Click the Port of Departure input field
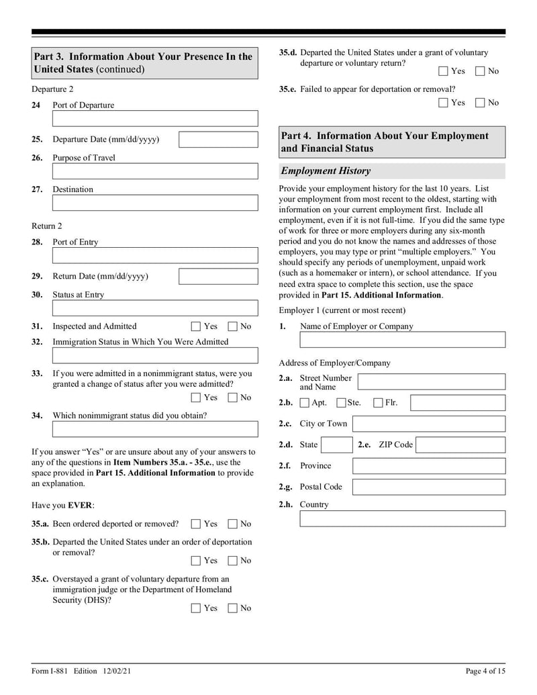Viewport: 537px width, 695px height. [x=154, y=119]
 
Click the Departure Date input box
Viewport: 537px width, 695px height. [x=218, y=140]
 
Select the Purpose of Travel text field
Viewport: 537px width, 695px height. [x=154, y=171]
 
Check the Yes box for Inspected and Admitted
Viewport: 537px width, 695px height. [x=196, y=327]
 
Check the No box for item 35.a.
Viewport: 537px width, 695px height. [x=232, y=524]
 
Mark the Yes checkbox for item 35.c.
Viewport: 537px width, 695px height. [x=196, y=608]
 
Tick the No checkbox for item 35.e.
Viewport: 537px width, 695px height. [x=480, y=103]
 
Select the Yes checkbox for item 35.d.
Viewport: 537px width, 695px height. [x=444, y=71]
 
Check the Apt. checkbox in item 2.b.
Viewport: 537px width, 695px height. [x=304, y=403]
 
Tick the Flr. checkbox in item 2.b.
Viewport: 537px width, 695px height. [x=378, y=403]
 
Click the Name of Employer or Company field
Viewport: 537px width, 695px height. [x=402, y=340]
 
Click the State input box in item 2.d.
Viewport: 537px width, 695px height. [x=336, y=445]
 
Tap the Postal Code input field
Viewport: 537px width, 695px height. [x=429, y=487]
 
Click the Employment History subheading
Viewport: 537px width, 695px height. [x=326, y=171]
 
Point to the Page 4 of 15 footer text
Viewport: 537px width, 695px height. [x=485, y=671]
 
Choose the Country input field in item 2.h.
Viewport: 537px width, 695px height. [x=402, y=518]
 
